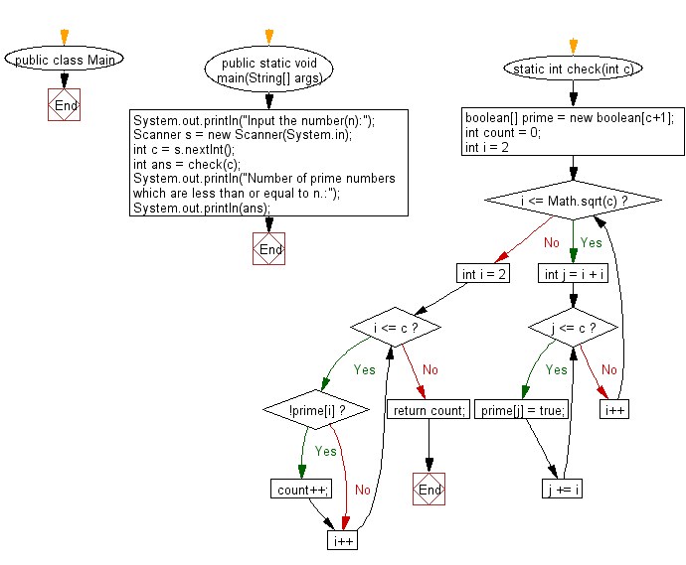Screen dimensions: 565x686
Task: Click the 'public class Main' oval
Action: [x=65, y=60]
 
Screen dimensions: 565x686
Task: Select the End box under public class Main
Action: [x=65, y=105]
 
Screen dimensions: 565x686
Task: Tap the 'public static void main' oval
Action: [x=269, y=70]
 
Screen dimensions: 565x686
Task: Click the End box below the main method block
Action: [x=269, y=249]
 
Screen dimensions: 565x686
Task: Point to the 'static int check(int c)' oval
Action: [x=573, y=69]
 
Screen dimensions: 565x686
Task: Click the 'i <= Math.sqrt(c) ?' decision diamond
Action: [x=574, y=201]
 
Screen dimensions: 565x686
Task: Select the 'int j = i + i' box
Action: [x=574, y=273]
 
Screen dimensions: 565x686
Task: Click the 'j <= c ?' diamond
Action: [x=573, y=327]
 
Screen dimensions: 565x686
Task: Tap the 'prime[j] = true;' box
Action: [x=523, y=410]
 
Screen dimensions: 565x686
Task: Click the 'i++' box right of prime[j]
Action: [x=615, y=409]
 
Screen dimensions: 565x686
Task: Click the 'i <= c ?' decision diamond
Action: [x=395, y=327]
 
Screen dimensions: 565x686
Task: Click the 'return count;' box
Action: [x=429, y=410]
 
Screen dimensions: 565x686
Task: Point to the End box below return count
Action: [x=429, y=490]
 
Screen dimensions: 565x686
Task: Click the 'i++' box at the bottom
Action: [x=342, y=540]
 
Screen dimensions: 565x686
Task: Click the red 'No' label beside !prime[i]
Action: [x=363, y=490]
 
